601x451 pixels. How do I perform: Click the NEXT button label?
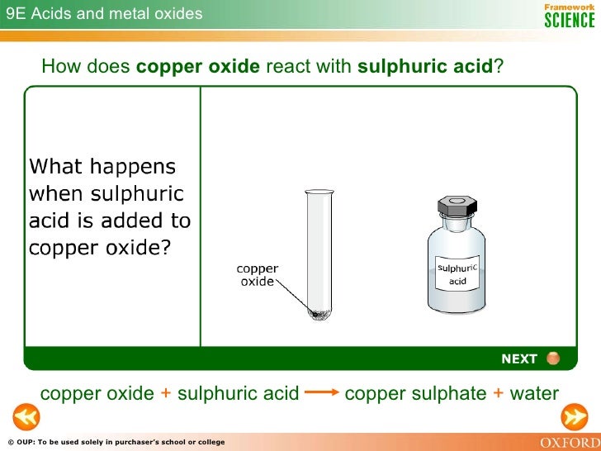pyautogui.click(x=518, y=358)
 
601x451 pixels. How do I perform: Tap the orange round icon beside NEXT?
pyautogui.click(x=553, y=358)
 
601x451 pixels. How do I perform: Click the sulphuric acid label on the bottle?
pyautogui.click(x=457, y=274)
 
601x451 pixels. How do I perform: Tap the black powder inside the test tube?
pyautogui.click(x=316, y=312)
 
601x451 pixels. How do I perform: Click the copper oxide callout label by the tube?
pyautogui.click(x=258, y=275)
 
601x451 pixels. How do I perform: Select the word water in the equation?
pyautogui.click(x=534, y=393)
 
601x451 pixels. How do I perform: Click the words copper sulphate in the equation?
pyautogui.click(x=414, y=393)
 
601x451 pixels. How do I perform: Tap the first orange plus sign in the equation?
pyautogui.click(x=165, y=393)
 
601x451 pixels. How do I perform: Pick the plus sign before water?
pyautogui.click(x=498, y=393)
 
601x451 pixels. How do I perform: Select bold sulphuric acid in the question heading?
pyautogui.click(x=425, y=66)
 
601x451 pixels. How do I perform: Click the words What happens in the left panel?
pyautogui.click(x=102, y=167)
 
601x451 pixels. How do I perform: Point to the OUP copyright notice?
pyautogui.click(x=115, y=443)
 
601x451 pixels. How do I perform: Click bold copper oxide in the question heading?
pyautogui.click(x=198, y=66)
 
